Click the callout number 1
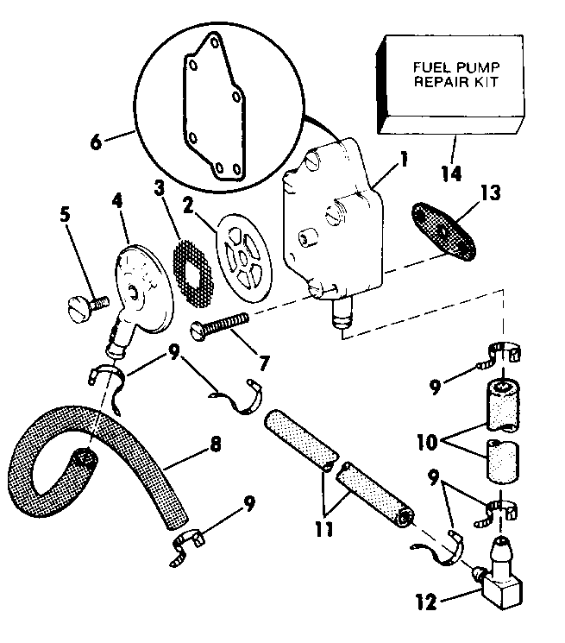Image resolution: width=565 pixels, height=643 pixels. pyautogui.click(x=380, y=161)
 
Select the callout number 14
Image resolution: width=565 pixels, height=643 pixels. pyautogui.click(x=449, y=173)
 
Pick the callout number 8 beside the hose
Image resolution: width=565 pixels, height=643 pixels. pyautogui.click(x=215, y=445)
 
